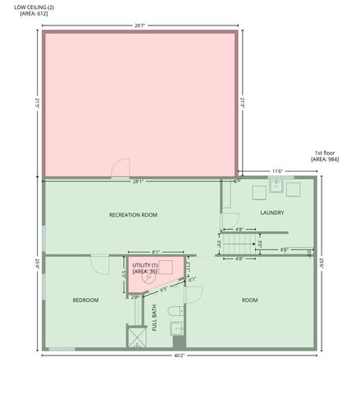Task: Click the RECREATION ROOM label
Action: click(x=133, y=215)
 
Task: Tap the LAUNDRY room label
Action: click(x=272, y=213)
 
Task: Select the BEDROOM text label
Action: click(x=85, y=300)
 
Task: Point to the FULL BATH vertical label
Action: click(x=154, y=317)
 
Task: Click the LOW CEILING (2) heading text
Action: click(x=33, y=7)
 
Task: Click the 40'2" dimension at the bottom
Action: click(x=179, y=356)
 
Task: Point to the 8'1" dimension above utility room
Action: click(x=156, y=252)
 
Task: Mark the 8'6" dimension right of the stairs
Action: click(x=284, y=250)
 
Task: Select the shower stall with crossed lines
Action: click(x=136, y=337)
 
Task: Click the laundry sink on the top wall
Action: click(x=276, y=184)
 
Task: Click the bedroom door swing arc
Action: click(x=99, y=266)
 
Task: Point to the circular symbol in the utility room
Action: click(x=148, y=277)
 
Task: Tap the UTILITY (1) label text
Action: click(x=145, y=265)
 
